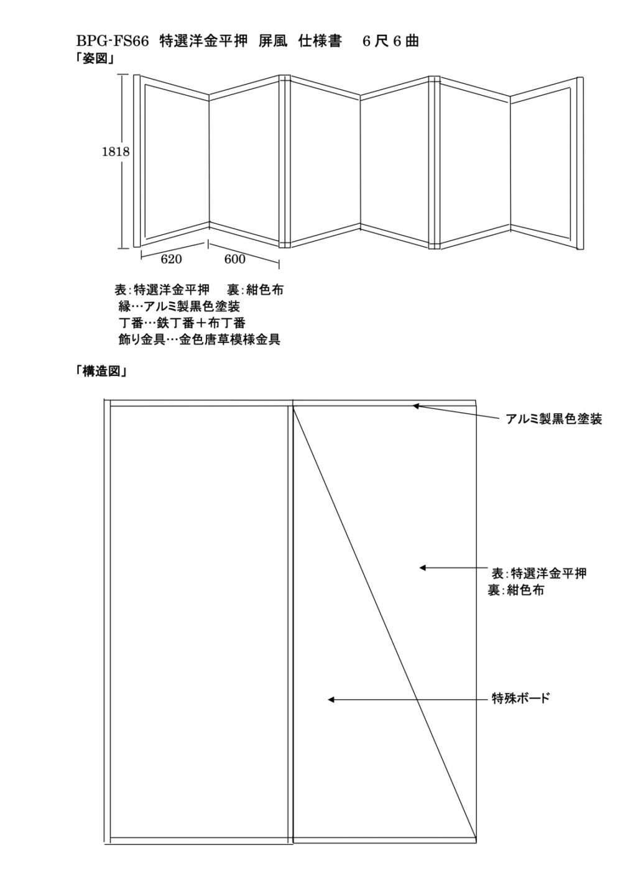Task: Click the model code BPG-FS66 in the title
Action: pos(113,42)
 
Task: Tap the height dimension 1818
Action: pos(116,152)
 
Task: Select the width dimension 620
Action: pos(171,259)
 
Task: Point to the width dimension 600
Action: pos(234,259)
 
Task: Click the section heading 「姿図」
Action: pos(95,59)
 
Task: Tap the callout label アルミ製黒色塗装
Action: pos(554,419)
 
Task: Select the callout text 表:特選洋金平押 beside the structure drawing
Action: pos(538,574)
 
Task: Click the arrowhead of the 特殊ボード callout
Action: pos(331,700)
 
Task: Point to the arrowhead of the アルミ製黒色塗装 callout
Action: pos(415,406)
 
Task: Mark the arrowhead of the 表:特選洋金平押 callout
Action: pos(422,567)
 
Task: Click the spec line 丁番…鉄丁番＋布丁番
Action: pos(182,323)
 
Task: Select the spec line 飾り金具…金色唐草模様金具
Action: pos(200,339)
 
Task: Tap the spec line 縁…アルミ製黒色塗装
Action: pos(179,306)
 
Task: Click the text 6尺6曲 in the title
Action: pos(390,42)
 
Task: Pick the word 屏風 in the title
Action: pos(272,42)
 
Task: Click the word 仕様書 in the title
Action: pos(320,42)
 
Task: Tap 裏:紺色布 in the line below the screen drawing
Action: pos(255,290)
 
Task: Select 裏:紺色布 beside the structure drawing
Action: pos(515,590)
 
